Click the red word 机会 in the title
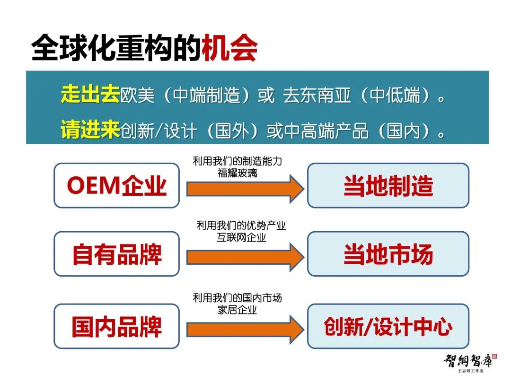coord(229,48)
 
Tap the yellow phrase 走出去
coord(90,94)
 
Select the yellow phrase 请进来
coord(90,129)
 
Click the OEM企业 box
coord(117,185)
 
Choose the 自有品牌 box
coord(117,254)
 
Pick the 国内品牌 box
coord(117,326)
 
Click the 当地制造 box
coord(388,185)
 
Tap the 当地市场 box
coord(388,254)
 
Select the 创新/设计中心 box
coord(388,326)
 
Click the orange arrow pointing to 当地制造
coord(246,189)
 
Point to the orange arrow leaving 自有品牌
coord(246,257)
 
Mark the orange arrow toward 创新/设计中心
coord(246,330)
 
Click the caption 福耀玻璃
coord(237,173)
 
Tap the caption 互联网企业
coord(241,237)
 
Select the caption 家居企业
coord(237,310)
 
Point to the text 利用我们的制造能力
coord(237,161)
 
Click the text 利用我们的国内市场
coord(237,298)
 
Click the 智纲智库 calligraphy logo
coord(470,363)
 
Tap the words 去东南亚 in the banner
coord(317,96)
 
